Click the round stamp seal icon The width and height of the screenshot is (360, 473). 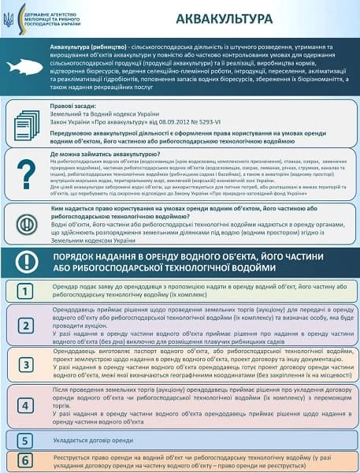click(24, 223)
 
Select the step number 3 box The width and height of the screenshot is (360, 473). click(26, 365)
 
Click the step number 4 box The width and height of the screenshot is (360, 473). click(26, 405)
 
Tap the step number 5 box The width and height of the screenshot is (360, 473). click(26, 440)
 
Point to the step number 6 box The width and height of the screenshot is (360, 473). click(26, 459)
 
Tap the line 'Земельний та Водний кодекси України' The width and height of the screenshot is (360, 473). click(101, 113)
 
